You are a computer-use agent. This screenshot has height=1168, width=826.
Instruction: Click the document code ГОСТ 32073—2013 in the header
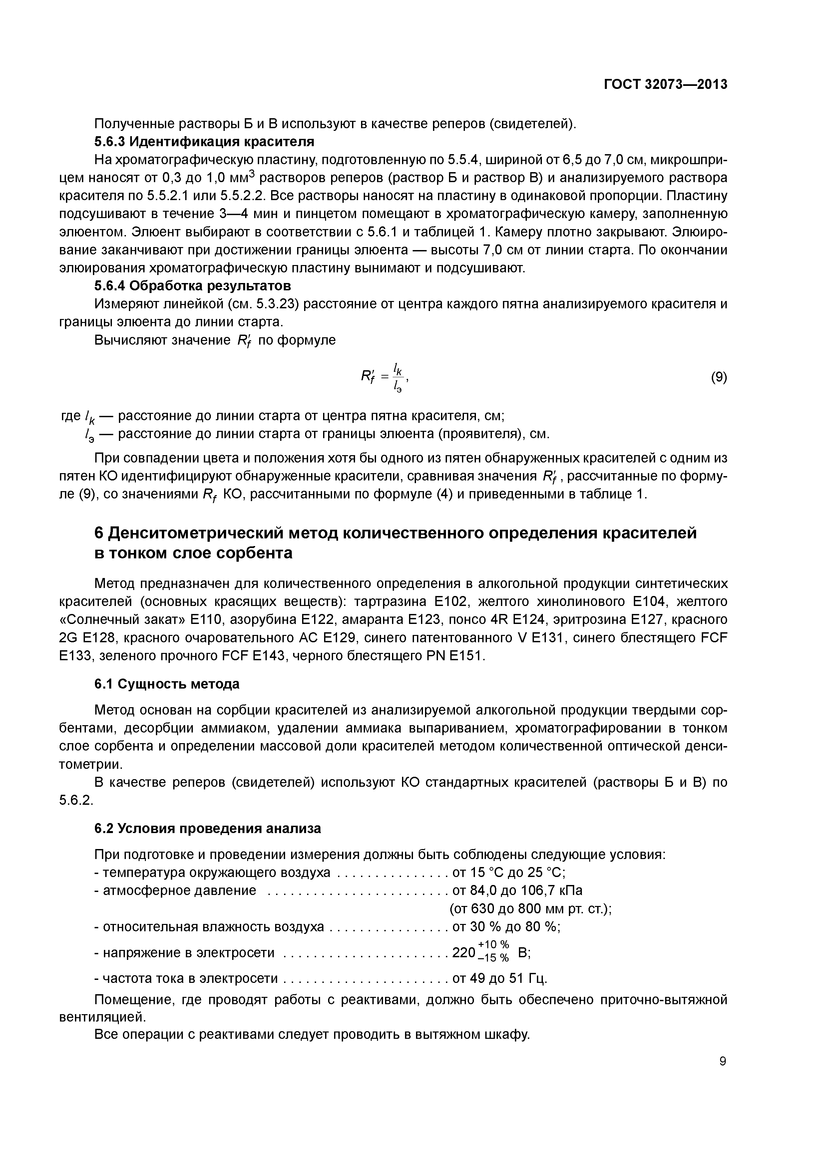[x=665, y=85]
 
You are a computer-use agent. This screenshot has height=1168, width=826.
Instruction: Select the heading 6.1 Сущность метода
[x=167, y=684]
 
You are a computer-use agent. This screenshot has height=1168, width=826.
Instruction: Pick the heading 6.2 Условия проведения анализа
[x=207, y=829]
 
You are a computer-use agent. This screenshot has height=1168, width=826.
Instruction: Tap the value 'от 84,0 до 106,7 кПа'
[x=517, y=891]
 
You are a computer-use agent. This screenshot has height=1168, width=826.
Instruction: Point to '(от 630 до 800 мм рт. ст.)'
[x=530, y=909]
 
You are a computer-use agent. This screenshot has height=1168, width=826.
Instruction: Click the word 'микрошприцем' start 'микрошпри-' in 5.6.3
[x=689, y=160]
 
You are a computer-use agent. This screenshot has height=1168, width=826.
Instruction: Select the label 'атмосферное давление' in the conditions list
[x=179, y=891]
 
